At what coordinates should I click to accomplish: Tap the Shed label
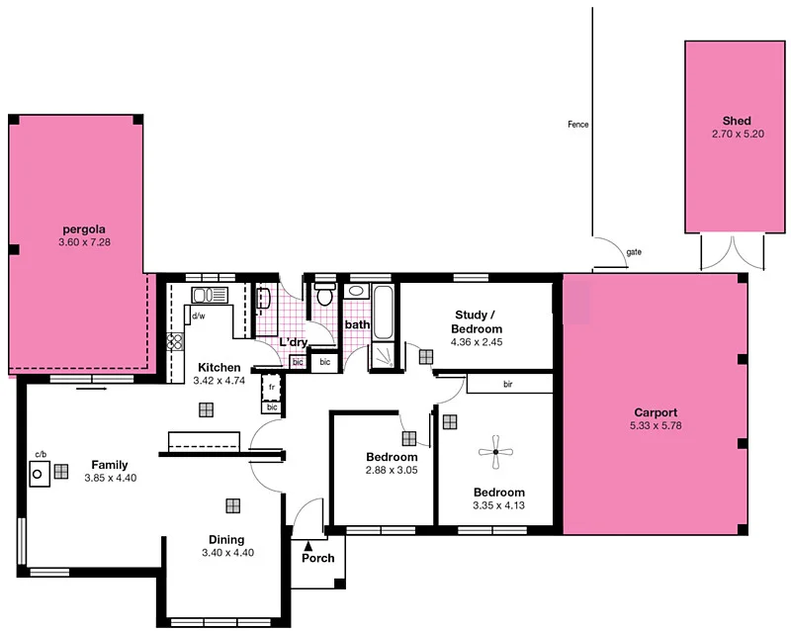click(737, 121)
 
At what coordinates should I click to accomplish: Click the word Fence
click(578, 125)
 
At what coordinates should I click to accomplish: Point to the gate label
click(633, 251)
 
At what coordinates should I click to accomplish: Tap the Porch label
click(318, 558)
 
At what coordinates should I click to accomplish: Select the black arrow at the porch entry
click(308, 543)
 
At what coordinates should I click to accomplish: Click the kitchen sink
click(209, 295)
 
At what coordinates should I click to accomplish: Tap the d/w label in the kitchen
click(199, 316)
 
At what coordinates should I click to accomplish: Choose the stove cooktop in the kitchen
click(176, 342)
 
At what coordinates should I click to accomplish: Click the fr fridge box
click(270, 387)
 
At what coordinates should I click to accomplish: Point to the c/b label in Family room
click(41, 454)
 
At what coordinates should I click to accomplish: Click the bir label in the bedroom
click(507, 383)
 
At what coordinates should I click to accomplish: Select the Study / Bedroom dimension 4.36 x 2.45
click(477, 343)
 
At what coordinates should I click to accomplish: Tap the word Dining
click(226, 539)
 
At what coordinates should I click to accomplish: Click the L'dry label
click(294, 342)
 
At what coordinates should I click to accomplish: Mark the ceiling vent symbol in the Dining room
click(232, 505)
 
